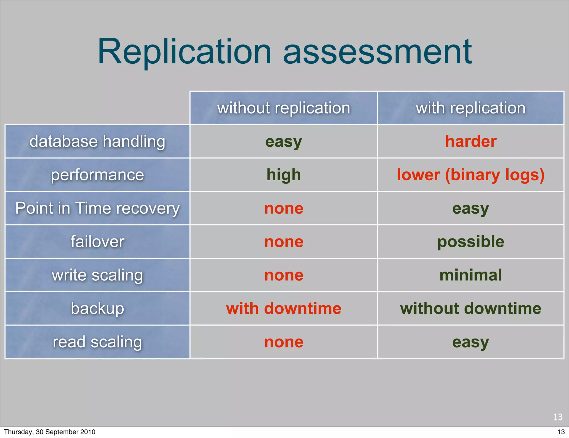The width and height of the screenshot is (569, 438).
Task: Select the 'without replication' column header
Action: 283,108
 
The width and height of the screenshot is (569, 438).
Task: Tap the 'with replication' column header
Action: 471,108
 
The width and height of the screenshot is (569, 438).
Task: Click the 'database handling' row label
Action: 97,141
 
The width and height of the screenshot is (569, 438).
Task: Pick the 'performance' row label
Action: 97,175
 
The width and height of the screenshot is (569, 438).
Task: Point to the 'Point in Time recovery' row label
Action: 97,208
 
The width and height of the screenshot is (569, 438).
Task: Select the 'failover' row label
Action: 97,242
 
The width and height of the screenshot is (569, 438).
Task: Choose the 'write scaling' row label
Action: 97,275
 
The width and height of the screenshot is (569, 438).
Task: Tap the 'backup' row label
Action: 97,308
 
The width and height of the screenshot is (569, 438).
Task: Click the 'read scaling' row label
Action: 97,342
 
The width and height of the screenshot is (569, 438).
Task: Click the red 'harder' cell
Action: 471,141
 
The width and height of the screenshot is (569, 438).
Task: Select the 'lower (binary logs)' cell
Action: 471,175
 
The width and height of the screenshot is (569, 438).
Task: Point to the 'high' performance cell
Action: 284,175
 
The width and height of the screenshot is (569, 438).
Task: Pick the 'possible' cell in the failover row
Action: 471,242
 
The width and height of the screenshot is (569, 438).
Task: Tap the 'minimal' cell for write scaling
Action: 471,275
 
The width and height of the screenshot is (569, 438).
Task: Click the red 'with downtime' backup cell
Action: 284,308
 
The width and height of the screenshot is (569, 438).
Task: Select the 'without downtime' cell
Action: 471,308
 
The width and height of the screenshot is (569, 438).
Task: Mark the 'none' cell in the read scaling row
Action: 284,342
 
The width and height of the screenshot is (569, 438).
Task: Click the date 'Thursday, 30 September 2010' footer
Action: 50,432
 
